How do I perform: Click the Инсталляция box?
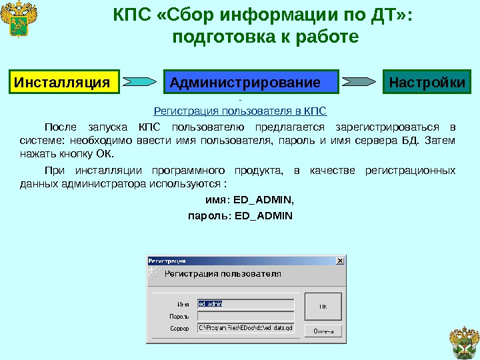63,83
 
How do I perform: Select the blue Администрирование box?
251,83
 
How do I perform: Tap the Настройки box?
427,83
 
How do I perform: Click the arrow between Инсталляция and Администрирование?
141,83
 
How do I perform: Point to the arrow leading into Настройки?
360,83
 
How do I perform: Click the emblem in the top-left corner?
19,21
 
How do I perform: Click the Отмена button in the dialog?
323,331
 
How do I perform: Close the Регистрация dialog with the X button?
341,261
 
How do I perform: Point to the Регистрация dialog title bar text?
167,261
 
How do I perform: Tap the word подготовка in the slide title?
221,37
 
